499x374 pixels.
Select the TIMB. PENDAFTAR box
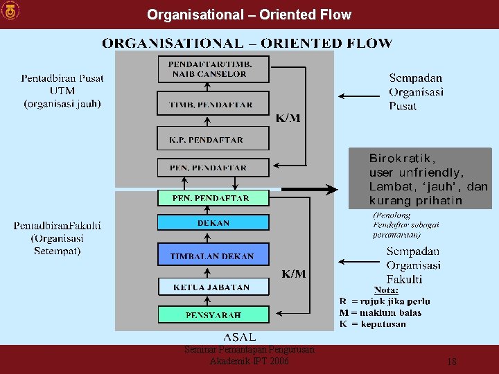pyautogui.click(x=212, y=104)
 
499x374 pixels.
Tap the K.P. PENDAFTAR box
pyautogui.click(x=212, y=139)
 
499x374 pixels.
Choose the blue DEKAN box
pyautogui.click(x=213, y=223)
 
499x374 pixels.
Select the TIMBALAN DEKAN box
pyautogui.click(x=213, y=256)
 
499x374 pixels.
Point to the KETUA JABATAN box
pyautogui.click(x=212, y=286)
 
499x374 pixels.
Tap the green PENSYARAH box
pyautogui.click(x=213, y=315)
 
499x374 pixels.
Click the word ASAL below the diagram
pyautogui.click(x=239, y=337)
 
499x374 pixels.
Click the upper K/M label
pyautogui.click(x=288, y=118)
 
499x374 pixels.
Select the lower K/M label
pyautogui.click(x=294, y=274)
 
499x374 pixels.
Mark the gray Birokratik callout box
pyautogui.click(x=419, y=178)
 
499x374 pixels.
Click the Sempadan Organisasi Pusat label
pyautogui.click(x=416, y=92)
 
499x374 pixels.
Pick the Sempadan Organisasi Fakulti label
pyautogui.click(x=414, y=265)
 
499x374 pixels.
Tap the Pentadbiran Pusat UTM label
pyautogui.click(x=62, y=91)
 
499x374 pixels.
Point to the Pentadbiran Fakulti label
pyautogui.click(x=58, y=238)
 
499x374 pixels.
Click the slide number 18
pyautogui.click(x=452, y=362)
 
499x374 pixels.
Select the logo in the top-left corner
pyautogui.click(x=11, y=11)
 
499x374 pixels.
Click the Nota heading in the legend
pyautogui.click(x=386, y=290)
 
